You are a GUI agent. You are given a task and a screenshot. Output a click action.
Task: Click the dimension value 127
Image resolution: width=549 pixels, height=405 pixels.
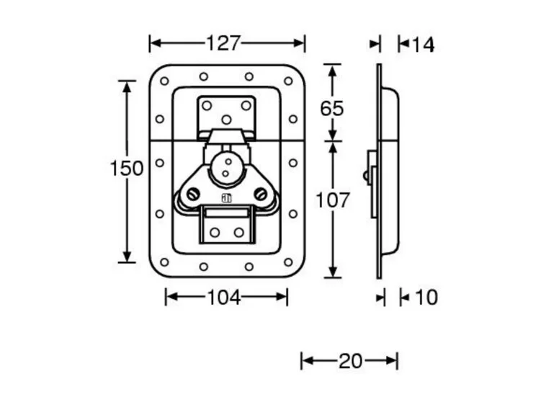tap(223, 43)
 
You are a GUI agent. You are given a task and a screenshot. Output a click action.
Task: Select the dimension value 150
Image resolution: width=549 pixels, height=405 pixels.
tap(127, 169)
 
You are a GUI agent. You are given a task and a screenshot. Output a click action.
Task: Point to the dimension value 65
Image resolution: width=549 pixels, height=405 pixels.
tap(332, 109)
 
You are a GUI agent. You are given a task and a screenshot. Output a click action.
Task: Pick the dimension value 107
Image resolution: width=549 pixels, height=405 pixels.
tap(333, 200)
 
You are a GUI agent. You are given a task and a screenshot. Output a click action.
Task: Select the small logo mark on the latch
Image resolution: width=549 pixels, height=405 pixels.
tap(226, 199)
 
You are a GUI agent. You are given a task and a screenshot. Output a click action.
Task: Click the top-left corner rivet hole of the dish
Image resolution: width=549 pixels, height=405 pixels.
tap(164, 81)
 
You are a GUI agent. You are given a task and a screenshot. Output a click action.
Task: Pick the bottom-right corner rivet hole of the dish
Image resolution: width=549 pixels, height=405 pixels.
tap(288, 262)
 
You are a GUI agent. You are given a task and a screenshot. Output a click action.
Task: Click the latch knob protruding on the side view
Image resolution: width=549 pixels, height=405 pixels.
tap(368, 175)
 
